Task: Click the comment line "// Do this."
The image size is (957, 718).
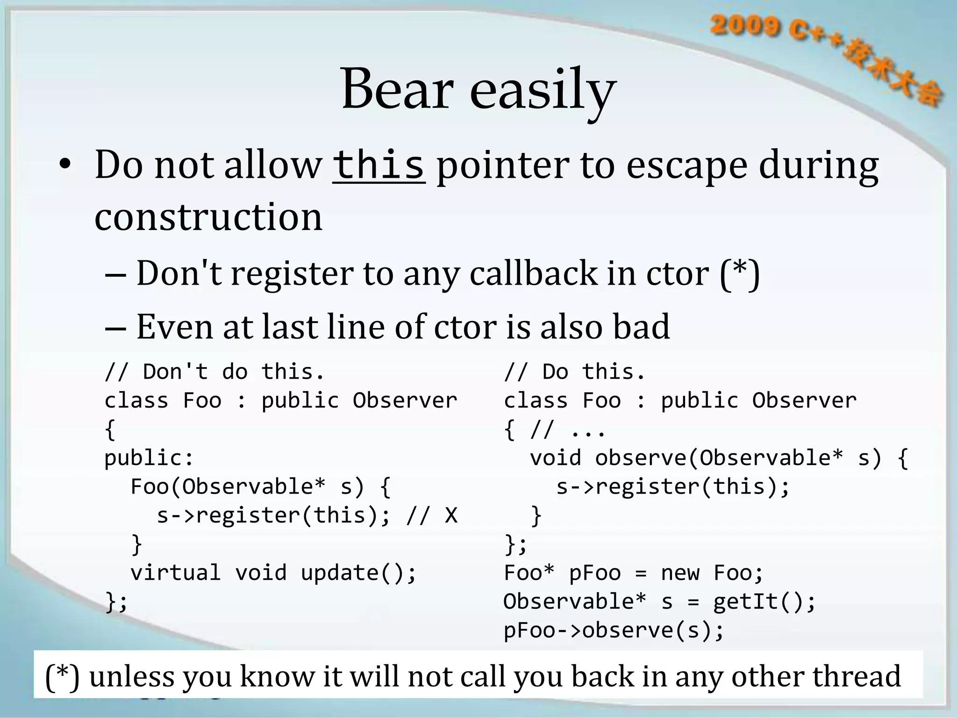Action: (575, 372)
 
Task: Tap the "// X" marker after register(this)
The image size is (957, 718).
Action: (432, 516)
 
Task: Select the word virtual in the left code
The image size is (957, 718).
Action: (175, 573)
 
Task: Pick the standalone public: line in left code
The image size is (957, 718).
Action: (149, 458)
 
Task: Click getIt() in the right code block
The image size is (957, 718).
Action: (764, 602)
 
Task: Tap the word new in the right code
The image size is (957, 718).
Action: (680, 573)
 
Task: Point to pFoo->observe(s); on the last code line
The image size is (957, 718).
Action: (614, 630)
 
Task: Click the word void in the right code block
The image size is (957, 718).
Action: (555, 458)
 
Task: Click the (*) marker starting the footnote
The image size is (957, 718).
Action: (62, 676)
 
